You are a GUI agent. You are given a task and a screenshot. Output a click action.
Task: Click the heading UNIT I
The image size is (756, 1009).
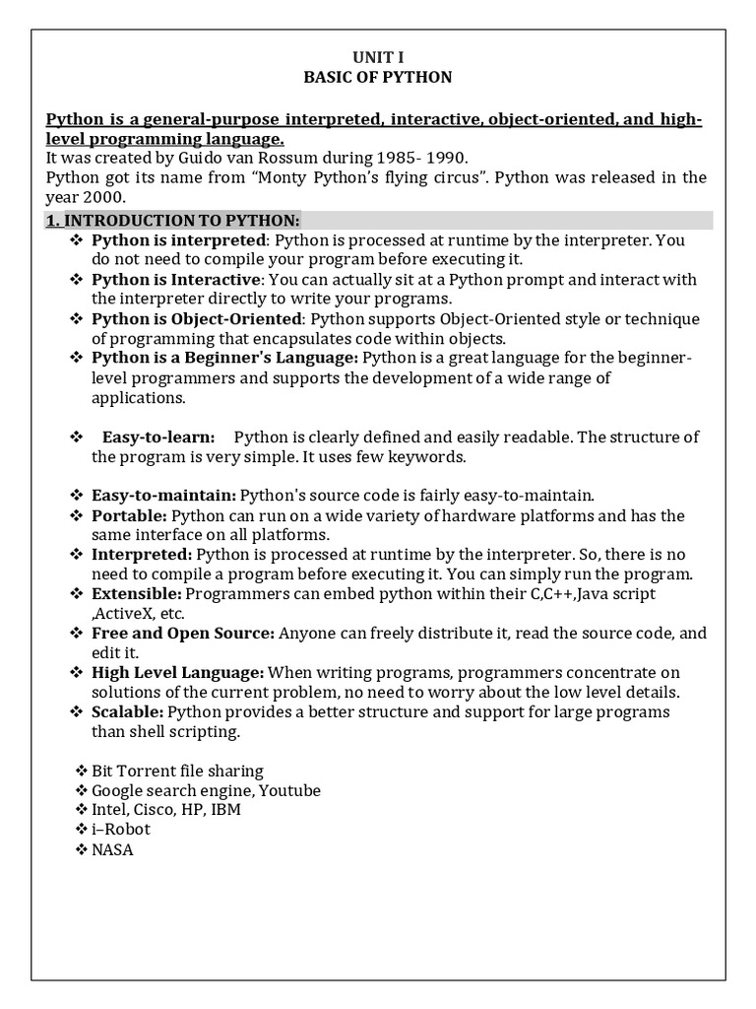(x=377, y=58)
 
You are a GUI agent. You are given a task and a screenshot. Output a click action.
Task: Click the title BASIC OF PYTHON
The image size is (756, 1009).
(x=377, y=78)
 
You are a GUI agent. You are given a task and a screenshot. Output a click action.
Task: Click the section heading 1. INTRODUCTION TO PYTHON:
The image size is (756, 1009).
(x=173, y=220)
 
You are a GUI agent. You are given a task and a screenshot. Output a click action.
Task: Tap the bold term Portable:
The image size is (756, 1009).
(x=129, y=515)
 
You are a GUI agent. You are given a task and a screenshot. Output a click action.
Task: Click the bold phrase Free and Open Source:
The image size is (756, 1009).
(x=183, y=634)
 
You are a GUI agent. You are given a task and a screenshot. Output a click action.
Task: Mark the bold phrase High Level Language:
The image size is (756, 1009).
(x=177, y=673)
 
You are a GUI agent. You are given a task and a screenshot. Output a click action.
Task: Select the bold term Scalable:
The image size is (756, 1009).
(x=128, y=711)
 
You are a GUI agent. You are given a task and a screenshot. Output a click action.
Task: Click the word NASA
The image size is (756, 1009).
(x=112, y=849)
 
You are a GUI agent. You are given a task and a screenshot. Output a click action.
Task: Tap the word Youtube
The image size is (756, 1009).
(x=290, y=790)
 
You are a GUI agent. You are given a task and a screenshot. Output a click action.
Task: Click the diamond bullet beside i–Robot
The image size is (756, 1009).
(x=82, y=830)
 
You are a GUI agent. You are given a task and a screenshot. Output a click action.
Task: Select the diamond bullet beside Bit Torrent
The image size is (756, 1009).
(x=82, y=771)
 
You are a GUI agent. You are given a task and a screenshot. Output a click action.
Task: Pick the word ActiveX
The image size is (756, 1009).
(x=128, y=613)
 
